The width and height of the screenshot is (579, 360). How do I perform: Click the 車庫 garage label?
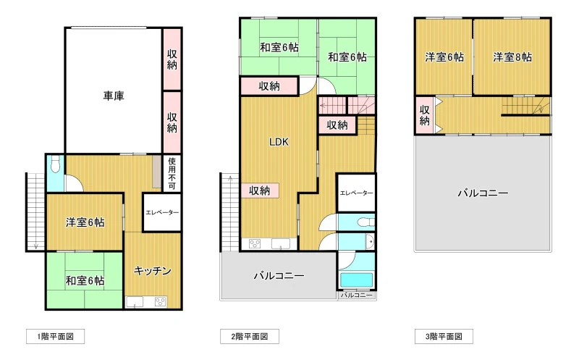114,96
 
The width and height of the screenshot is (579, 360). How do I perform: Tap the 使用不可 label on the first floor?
172,173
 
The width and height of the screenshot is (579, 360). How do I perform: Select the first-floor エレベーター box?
162,212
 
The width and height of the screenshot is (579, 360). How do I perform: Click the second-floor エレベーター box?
356,193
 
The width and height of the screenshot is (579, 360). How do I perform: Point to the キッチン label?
153,271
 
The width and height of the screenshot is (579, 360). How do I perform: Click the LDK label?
279,142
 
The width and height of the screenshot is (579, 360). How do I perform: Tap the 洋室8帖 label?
512,57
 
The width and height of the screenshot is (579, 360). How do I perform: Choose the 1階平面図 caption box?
56,336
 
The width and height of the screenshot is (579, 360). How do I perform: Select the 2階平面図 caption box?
250,336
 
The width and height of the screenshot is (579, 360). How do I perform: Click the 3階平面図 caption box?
444,336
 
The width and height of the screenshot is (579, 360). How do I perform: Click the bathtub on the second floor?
356,280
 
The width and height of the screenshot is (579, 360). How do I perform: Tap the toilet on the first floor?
56,164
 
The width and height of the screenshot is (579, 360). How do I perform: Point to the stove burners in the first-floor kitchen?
161,301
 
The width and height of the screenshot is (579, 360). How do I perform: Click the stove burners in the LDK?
255,243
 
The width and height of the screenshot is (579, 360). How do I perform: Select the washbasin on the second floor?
369,242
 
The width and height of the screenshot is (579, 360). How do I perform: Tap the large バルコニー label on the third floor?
483,193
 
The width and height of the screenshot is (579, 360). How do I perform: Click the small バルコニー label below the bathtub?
356,296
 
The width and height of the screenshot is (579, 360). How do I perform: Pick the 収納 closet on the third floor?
425,115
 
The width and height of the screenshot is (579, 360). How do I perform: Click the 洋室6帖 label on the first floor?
85,222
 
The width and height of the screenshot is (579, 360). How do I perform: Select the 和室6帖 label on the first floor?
85,280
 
